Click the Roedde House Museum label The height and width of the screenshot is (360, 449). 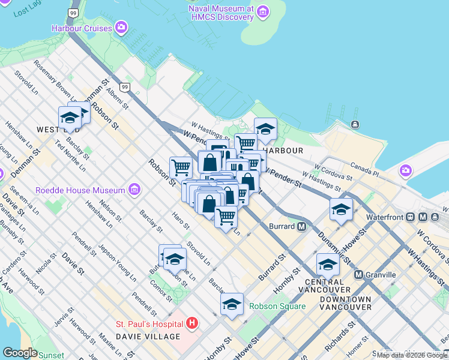(80, 190)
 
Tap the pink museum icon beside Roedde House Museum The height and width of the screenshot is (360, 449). (134, 190)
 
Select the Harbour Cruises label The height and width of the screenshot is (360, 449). (82, 28)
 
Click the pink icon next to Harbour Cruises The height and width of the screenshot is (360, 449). (122, 27)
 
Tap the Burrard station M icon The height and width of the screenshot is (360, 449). (302, 226)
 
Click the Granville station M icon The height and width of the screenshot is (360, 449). (359, 275)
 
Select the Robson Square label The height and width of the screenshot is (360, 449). (277, 306)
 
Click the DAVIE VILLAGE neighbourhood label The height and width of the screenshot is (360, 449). (148, 337)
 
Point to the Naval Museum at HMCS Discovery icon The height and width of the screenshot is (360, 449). (262, 11)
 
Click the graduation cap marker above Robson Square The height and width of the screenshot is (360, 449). (232, 305)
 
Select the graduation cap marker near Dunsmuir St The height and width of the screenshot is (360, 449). (341, 210)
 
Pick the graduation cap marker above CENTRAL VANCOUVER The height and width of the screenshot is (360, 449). (328, 265)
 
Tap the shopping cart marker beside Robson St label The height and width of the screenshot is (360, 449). (181, 167)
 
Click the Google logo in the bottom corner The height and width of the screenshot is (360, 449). (20, 353)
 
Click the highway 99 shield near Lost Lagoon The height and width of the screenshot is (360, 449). (73, 13)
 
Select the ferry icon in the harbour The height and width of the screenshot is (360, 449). (355, 125)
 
